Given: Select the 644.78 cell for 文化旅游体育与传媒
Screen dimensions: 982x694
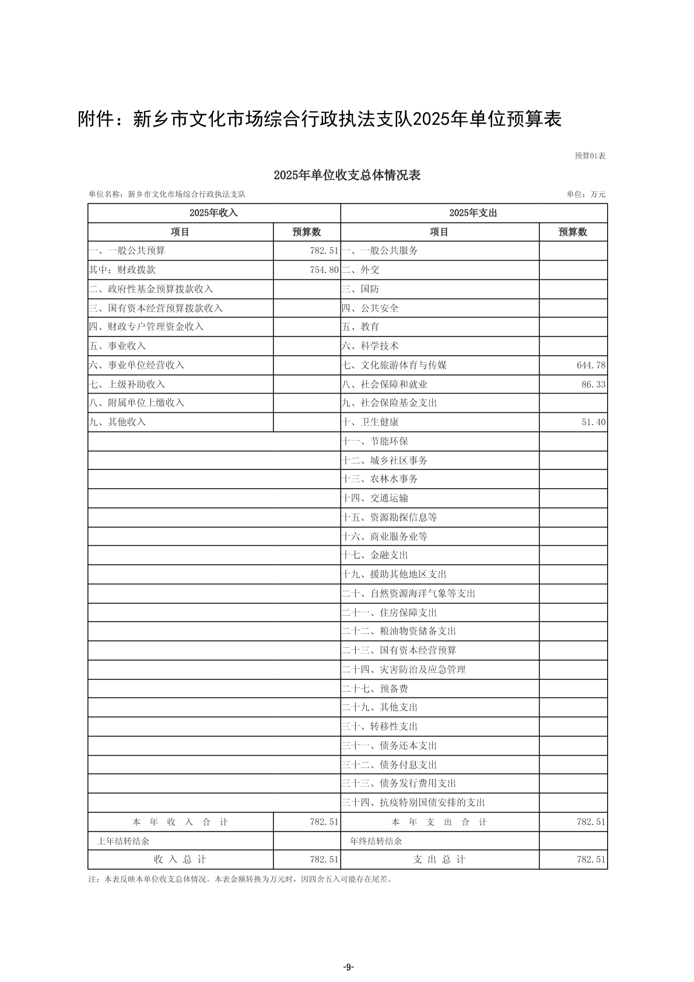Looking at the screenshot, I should [591, 366].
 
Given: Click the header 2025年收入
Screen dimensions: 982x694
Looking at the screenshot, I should [213, 213].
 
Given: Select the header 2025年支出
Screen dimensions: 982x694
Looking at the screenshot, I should [473, 213].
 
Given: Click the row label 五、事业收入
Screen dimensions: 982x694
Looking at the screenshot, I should [117, 346].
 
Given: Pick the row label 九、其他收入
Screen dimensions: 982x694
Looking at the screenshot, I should [117, 422].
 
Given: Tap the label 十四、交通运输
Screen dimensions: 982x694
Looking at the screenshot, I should [375, 499].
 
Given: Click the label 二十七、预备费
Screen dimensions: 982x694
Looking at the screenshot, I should [375, 689].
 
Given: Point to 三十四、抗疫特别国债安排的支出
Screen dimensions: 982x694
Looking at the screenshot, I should [413, 803].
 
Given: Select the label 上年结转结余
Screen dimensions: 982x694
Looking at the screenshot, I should [123, 841].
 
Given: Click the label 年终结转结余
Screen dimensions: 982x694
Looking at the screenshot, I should [376, 841].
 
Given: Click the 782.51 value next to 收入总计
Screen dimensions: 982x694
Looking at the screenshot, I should [324, 860].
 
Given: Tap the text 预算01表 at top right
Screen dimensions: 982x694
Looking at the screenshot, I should [590, 156].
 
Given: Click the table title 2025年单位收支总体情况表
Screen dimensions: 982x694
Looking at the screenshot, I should [347, 176].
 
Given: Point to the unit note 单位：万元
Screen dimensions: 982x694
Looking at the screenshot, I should [586, 194].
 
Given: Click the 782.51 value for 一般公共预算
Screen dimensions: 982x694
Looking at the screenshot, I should [324, 251].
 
